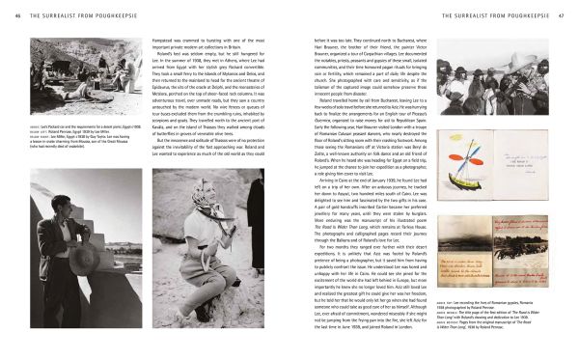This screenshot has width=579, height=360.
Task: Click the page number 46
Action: pyautogui.click(x=10, y=16)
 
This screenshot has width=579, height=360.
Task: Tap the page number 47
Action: pyautogui.click(x=569, y=16)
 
